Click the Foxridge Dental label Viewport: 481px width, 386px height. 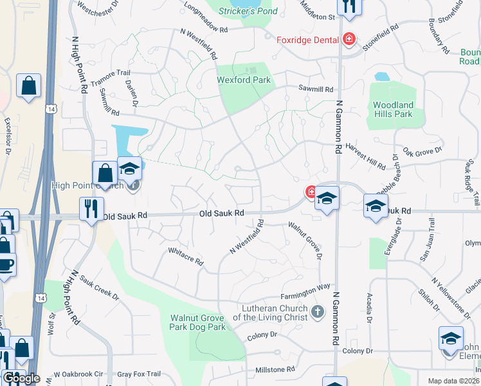click(x=307, y=40)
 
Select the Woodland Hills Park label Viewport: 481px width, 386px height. click(x=393, y=109)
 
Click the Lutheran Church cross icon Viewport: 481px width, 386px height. click(x=316, y=312)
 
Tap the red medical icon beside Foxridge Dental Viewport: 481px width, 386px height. click(x=349, y=40)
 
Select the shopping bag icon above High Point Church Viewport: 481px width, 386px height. click(x=105, y=172)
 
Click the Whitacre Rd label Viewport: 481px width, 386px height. click(x=185, y=257)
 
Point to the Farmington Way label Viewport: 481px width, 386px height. click(x=305, y=291)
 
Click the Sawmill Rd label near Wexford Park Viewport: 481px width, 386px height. click(x=315, y=89)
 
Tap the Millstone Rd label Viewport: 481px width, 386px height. click(x=275, y=370)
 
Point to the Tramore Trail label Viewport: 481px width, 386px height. click(x=110, y=79)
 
